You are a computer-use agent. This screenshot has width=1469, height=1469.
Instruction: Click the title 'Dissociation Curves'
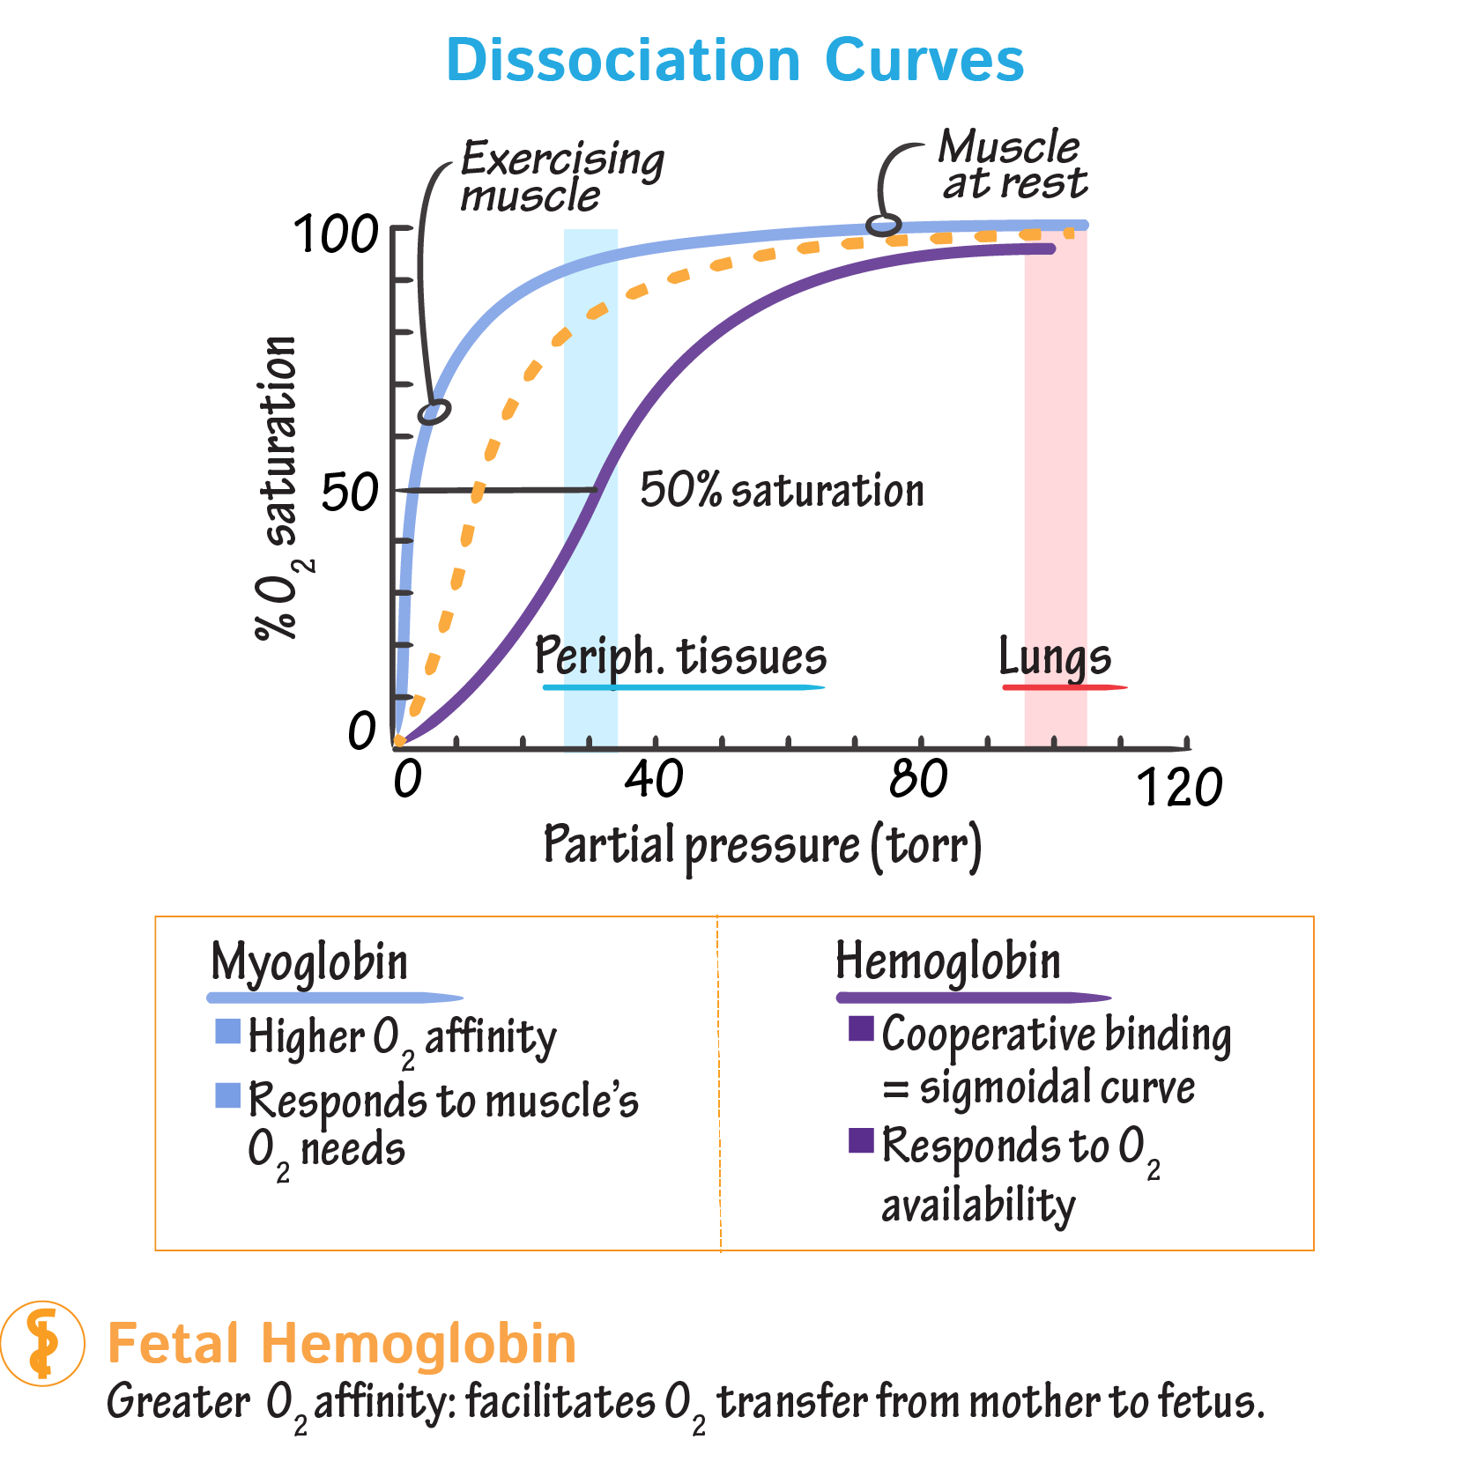point(735,60)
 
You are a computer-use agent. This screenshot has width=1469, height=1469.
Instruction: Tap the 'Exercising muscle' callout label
point(561,177)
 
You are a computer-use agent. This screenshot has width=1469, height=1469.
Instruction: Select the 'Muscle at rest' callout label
point(1012,165)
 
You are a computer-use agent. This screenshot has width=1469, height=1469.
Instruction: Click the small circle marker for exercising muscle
point(434,412)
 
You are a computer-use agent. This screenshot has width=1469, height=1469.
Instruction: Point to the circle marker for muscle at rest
point(883,225)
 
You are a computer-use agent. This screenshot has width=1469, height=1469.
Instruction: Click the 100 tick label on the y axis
point(336,235)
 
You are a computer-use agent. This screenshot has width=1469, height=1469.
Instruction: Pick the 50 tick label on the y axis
point(350,492)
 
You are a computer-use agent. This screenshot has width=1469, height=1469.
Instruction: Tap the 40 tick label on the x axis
point(653,779)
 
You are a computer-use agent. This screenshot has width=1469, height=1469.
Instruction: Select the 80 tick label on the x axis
point(918,779)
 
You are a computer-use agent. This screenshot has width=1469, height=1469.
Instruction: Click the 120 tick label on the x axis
point(1179,787)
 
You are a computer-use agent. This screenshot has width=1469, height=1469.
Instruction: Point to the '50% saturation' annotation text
point(782,490)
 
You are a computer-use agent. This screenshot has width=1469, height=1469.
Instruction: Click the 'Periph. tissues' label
point(680,657)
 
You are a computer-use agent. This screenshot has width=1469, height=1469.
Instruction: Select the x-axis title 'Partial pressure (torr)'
point(762,845)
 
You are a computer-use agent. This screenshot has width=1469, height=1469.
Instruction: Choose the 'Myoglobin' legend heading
point(309,961)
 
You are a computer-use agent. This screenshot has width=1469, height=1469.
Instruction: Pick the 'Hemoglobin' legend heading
point(948,961)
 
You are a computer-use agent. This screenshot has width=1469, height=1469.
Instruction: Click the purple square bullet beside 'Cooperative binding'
point(861,1028)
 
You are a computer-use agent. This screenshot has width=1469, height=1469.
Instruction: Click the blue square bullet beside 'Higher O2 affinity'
point(228,1031)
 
